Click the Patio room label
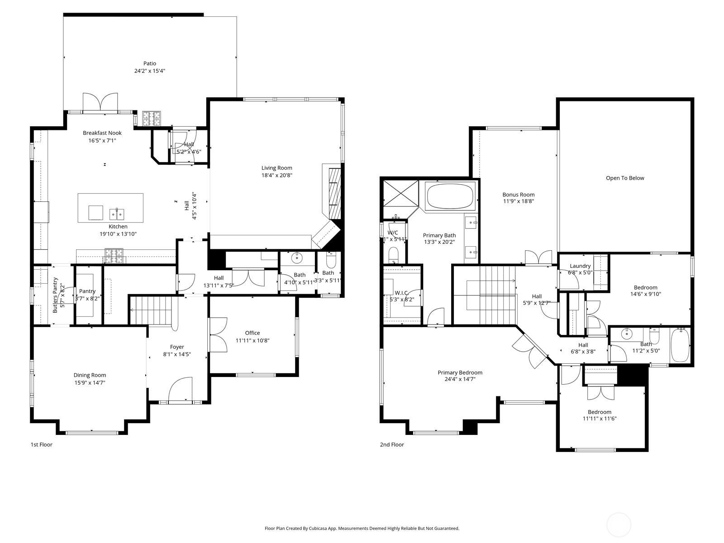pyautogui.click(x=150, y=63)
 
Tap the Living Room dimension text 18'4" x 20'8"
pyautogui.click(x=277, y=175)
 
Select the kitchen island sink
pyautogui.click(x=117, y=213)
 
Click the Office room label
pyautogui.click(x=252, y=333)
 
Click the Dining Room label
pyautogui.click(x=90, y=375)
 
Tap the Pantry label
pyautogui.click(x=87, y=291)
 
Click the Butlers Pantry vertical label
pyautogui.click(x=56, y=295)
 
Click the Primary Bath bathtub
pyautogui.click(x=450, y=195)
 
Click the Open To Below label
pyautogui.click(x=625, y=178)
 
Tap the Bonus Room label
pyautogui.click(x=519, y=195)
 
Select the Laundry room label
pyautogui.click(x=580, y=266)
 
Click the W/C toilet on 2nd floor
pyautogui.click(x=393, y=254)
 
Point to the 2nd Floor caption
pyautogui.click(x=392, y=445)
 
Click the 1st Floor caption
pyautogui.click(x=42, y=445)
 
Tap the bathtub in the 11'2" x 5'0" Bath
pyautogui.click(x=680, y=346)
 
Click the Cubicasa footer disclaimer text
pyautogui.click(x=362, y=528)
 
